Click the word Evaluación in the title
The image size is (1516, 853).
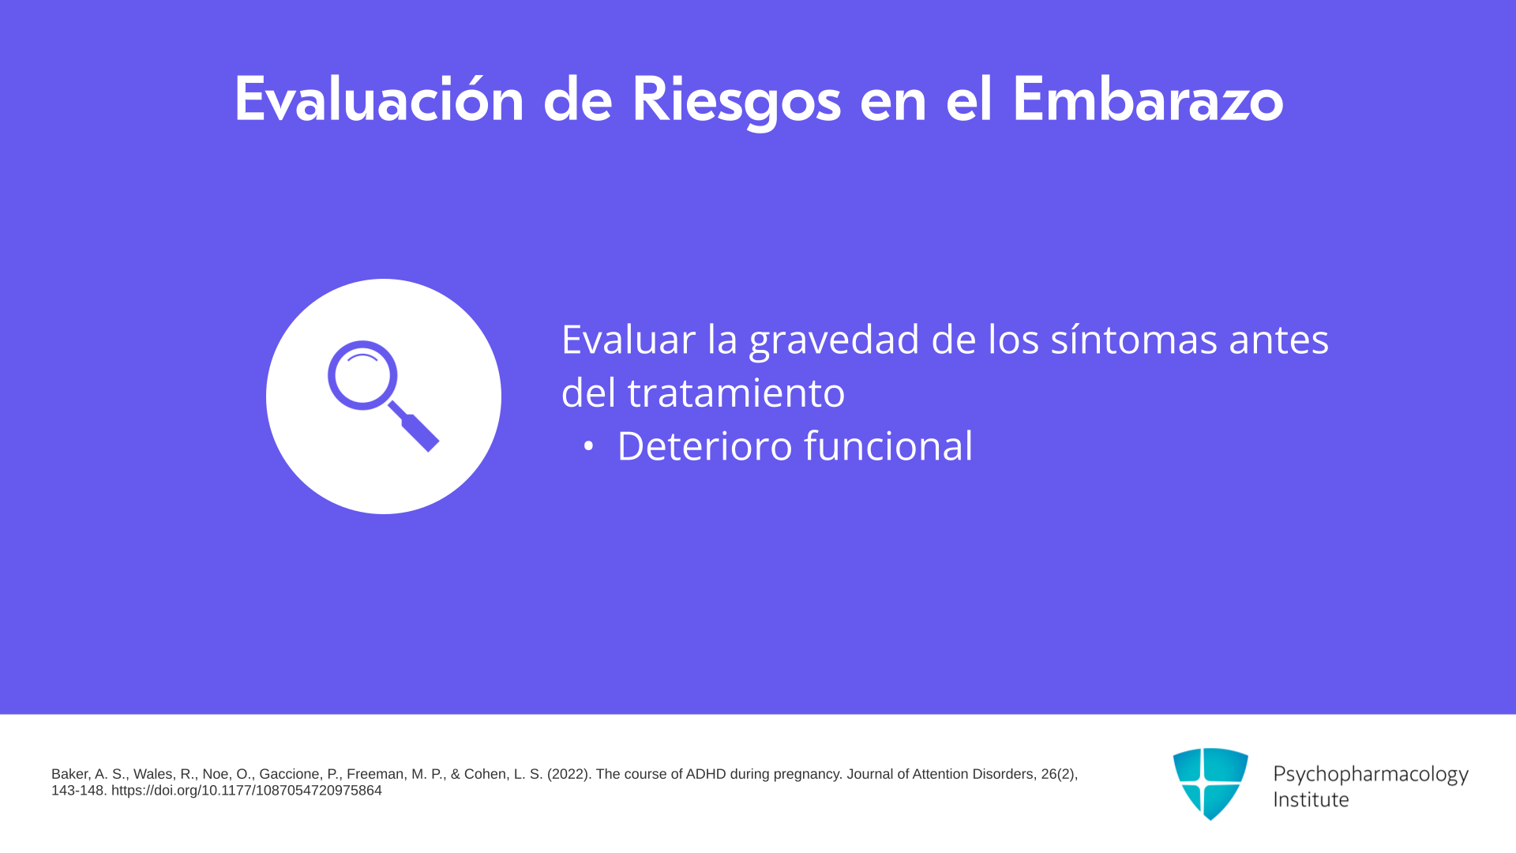[379, 100]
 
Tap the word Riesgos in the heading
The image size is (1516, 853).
[736, 101]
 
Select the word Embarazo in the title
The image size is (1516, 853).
[1148, 100]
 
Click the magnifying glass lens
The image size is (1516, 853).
[362, 375]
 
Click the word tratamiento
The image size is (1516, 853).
[736, 393]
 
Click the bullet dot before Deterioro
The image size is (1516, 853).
[588, 447]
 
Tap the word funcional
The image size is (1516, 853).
[889, 446]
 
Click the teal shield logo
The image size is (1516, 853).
[1210, 783]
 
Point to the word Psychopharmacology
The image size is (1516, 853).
[1371, 775]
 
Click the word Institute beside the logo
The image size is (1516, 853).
[1311, 799]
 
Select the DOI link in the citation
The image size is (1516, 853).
[246, 791]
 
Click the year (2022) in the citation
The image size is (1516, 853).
[568, 775]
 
